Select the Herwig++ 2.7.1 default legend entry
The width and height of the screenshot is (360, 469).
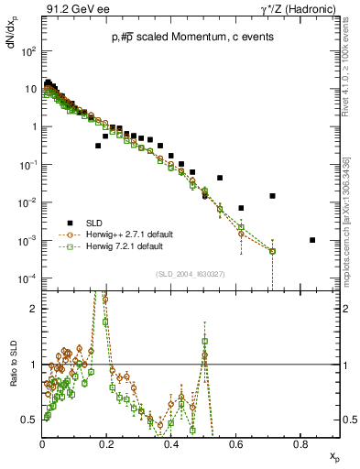128,234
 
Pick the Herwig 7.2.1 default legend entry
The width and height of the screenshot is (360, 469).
125,246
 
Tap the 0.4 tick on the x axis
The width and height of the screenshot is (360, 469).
171,443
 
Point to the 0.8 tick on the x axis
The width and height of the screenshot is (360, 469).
300,443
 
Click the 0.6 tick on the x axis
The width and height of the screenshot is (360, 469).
235,443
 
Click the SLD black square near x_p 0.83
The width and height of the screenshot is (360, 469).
312,240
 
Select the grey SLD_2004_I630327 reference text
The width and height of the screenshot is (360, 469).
190,274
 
